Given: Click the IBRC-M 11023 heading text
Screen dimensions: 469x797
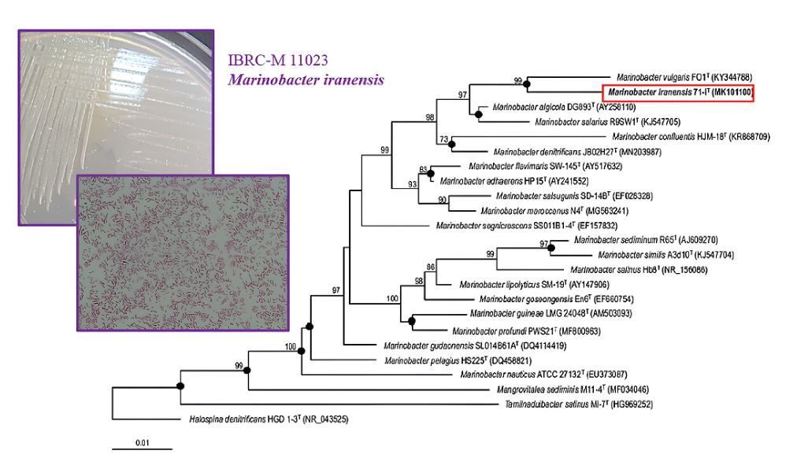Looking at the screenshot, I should click(278, 59).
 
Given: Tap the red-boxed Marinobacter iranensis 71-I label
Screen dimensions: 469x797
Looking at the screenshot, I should click(679, 93).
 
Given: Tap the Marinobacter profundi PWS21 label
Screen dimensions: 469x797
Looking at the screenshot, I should click(525, 331).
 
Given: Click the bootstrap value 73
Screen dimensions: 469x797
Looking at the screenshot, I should click(444, 138).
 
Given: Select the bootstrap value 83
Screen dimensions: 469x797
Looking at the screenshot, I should click(423, 169).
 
